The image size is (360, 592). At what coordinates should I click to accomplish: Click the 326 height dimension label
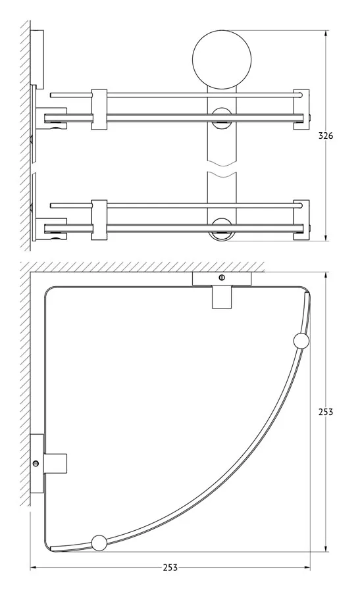point(325,136)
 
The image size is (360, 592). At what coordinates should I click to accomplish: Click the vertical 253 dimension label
point(325,412)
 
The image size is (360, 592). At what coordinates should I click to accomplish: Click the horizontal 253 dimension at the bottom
point(170,568)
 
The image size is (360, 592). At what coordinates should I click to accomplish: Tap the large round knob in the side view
point(222,60)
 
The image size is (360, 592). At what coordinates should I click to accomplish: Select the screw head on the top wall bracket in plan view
point(222,278)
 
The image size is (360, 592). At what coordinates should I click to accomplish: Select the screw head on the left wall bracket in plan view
point(36,464)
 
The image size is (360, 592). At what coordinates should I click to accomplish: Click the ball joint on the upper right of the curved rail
point(301,341)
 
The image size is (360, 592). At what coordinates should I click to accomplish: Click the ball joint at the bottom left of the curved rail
point(99,543)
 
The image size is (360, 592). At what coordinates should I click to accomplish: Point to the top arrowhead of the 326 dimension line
point(326,34)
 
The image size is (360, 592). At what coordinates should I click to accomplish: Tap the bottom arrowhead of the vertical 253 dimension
point(326,547)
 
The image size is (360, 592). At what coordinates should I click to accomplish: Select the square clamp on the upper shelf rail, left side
point(99,109)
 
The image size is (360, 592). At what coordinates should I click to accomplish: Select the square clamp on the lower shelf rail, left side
point(99,220)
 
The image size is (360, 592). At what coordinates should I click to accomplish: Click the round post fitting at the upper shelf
point(222,118)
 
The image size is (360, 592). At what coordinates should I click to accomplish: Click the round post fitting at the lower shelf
point(222,229)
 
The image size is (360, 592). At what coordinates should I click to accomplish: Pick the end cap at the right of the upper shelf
point(302,109)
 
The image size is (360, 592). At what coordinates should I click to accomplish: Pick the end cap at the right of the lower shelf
point(302,220)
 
